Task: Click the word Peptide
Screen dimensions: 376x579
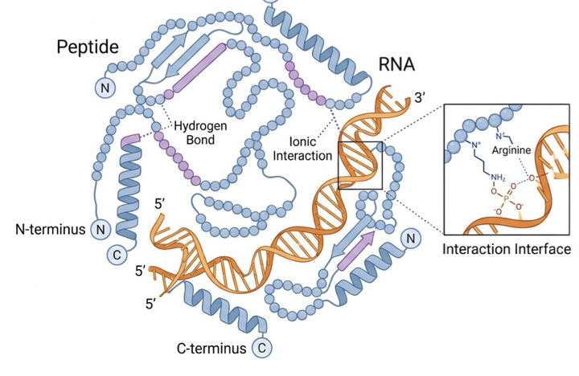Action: (88, 47)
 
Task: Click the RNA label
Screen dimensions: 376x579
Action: (397, 65)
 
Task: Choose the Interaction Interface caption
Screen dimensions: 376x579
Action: (507, 249)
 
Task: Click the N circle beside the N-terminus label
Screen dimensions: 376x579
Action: (101, 230)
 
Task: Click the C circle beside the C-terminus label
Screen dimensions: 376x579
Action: (261, 348)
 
